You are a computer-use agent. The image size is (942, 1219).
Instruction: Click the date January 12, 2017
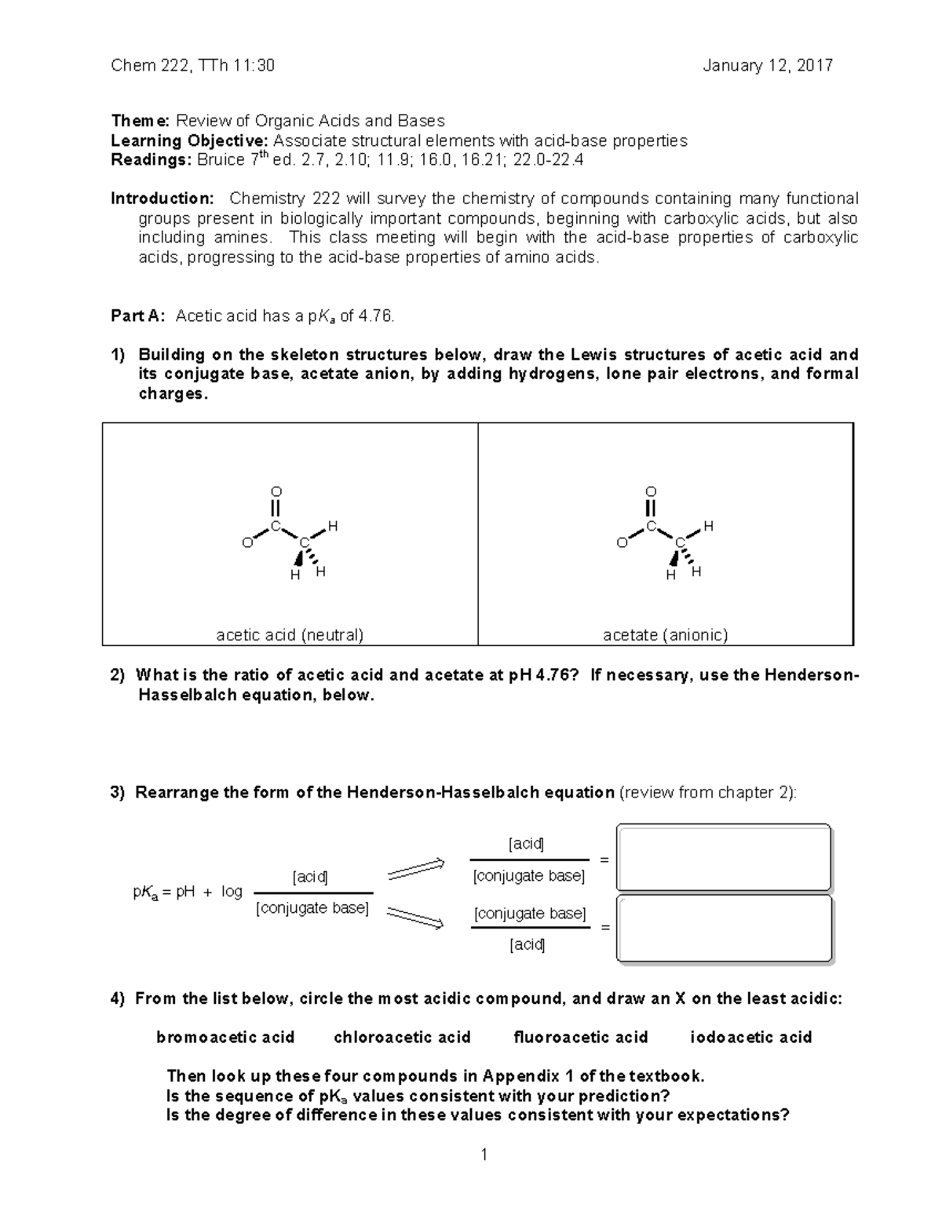pyautogui.click(x=767, y=66)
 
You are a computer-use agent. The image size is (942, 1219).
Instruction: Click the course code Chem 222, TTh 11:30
pyautogui.click(x=192, y=66)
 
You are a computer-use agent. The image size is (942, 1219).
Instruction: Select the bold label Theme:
pyautogui.click(x=140, y=121)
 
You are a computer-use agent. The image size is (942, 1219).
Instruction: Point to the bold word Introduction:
pyautogui.click(x=162, y=199)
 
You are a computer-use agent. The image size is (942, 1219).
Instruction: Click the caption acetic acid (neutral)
pyautogui.click(x=290, y=635)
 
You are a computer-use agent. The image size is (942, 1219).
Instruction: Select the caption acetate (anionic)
pyautogui.click(x=665, y=635)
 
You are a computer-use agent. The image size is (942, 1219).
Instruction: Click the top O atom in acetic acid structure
pyautogui.click(x=276, y=493)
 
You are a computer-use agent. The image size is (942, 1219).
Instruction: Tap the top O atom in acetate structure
pyautogui.click(x=651, y=492)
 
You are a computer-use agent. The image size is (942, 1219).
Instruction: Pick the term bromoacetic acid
pyautogui.click(x=225, y=1038)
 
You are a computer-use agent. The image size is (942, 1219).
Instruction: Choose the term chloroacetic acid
pyautogui.click(x=402, y=1038)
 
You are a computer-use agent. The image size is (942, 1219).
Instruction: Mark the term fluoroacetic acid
pyautogui.click(x=580, y=1038)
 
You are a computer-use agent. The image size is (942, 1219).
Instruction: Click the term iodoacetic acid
pyautogui.click(x=750, y=1038)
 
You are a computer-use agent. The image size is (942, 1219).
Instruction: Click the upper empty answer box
pyautogui.click(x=723, y=857)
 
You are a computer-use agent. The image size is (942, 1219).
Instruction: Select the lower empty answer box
pyautogui.click(x=723, y=928)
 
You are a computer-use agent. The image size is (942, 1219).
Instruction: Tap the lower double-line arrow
pyautogui.click(x=416, y=918)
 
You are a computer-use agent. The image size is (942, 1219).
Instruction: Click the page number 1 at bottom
pyautogui.click(x=484, y=1154)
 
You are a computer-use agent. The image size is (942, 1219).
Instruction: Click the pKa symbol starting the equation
pyautogui.click(x=145, y=892)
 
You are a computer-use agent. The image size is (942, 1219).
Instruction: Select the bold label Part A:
pyautogui.click(x=137, y=316)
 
